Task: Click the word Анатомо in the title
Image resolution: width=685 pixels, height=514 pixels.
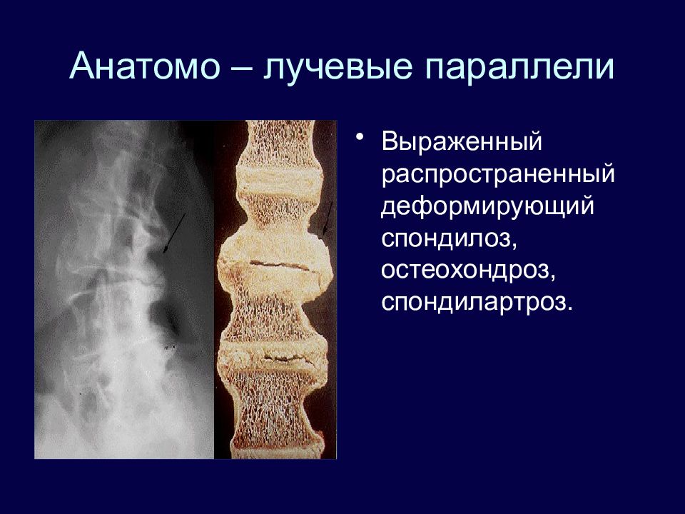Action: pyautogui.click(x=145, y=66)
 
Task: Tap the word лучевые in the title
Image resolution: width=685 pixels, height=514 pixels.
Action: pyautogui.click(x=338, y=69)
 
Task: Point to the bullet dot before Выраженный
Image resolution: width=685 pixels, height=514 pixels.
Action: pyautogui.click(x=360, y=137)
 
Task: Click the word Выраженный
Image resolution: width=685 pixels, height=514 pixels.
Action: pyautogui.click(x=462, y=141)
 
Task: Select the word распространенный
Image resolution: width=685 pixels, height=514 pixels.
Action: pyautogui.click(x=498, y=175)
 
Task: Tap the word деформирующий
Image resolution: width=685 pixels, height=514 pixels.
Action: pyautogui.click(x=488, y=207)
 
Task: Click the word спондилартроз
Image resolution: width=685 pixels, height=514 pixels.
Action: pyautogui.click(x=474, y=303)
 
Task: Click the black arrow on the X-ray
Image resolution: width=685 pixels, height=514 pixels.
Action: pyautogui.click(x=174, y=233)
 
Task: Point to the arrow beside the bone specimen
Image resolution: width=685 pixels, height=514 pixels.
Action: pyautogui.click(x=328, y=220)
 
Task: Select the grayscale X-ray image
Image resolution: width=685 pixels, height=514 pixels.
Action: pyautogui.click(x=124, y=289)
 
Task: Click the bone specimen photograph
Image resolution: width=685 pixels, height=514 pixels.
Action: pyautogui.click(x=275, y=289)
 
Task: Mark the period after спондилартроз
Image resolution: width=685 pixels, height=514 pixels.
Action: pyautogui.click(x=569, y=308)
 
